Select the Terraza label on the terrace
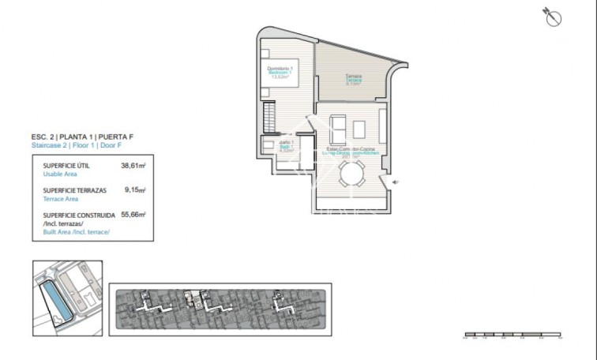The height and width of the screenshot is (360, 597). pyautogui.click(x=353, y=78)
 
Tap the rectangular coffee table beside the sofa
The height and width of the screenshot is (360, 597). pyautogui.click(x=359, y=127)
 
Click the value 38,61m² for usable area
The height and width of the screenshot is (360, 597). pyautogui.click(x=133, y=167)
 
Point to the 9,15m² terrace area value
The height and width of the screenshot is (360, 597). pyautogui.click(x=136, y=190)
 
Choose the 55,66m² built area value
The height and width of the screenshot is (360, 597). pyautogui.click(x=133, y=214)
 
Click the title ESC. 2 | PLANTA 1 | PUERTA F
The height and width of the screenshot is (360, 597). pyautogui.click(x=77, y=137)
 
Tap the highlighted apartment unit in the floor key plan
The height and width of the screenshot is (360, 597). pyautogui.click(x=190, y=298)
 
